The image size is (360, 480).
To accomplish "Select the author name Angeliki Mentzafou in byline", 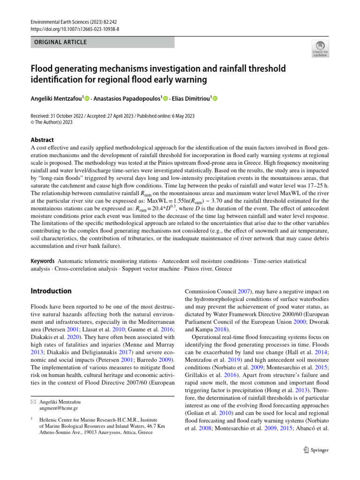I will click(x=55, y=98).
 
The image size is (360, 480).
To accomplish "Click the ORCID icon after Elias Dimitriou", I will click(x=215, y=98).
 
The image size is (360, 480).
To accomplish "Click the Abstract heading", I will click(x=42, y=140).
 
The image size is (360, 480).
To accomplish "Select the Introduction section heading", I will click(x=51, y=291).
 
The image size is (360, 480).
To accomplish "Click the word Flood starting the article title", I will click(x=44, y=68).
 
